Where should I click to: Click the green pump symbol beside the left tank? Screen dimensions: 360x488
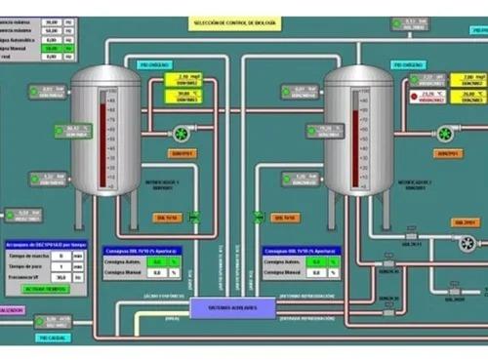pos(181,133)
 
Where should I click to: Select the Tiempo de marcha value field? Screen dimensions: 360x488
pos(59,256)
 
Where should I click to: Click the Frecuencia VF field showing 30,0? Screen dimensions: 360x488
pos(59,278)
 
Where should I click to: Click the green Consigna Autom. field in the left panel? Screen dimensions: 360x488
pos(173,261)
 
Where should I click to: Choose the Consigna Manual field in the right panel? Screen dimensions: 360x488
pos(316,273)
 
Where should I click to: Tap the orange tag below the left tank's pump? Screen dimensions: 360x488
pos(183,153)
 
